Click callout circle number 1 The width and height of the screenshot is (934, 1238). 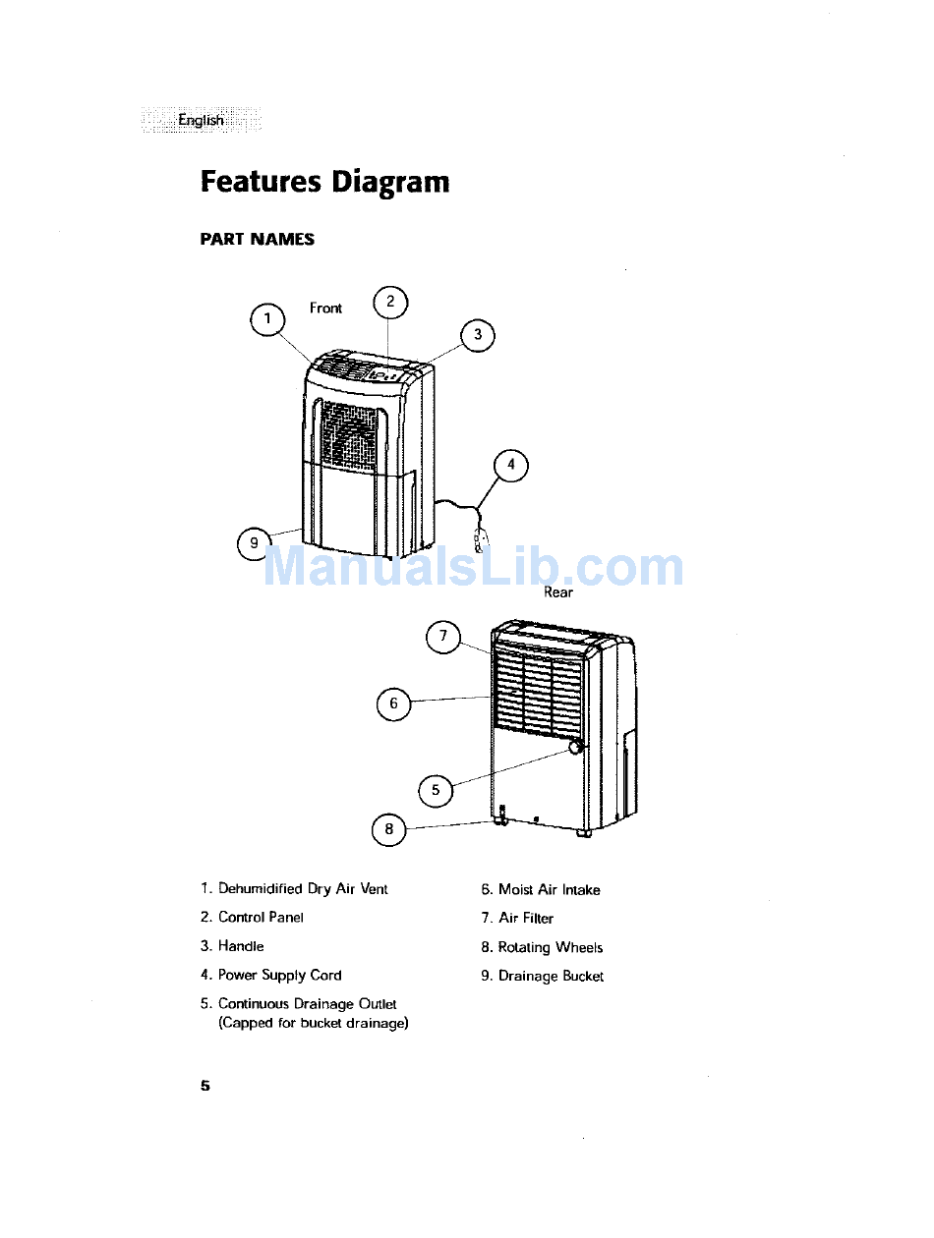[x=267, y=320]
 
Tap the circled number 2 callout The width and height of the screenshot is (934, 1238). [x=390, y=302]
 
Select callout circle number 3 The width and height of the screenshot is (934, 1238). [x=478, y=335]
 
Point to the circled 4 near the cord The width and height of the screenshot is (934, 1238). [x=510, y=466]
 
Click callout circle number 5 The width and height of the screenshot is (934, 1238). [x=436, y=791]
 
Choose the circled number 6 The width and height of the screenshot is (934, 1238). [x=394, y=703]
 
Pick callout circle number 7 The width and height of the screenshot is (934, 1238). [x=443, y=637]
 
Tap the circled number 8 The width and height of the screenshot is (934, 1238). [x=388, y=830]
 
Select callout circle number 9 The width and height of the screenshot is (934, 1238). [x=255, y=543]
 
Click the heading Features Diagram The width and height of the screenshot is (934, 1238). [x=324, y=183]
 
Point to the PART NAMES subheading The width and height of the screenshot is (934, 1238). [x=258, y=240]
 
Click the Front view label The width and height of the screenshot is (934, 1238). [x=325, y=309]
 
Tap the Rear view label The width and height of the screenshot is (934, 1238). [x=558, y=592]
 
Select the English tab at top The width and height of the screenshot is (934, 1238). [x=201, y=120]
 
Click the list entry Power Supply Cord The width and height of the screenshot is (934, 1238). [x=279, y=976]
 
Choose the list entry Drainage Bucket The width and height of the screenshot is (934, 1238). [x=551, y=977]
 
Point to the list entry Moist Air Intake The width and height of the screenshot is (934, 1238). [x=549, y=890]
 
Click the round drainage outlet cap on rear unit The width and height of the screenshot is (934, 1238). [x=574, y=749]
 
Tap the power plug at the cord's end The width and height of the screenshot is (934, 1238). [x=480, y=540]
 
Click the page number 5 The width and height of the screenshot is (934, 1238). [x=205, y=1086]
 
